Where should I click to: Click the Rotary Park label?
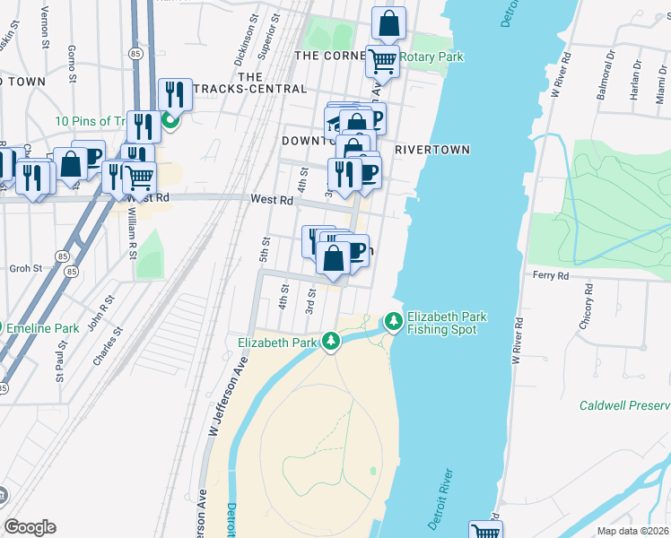[x=431, y=56]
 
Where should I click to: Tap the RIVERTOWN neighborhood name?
[x=431, y=150]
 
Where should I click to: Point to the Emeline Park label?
[x=43, y=328]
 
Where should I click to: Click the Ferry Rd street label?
[x=551, y=275]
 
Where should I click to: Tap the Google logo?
[x=30, y=527]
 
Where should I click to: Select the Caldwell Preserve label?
[x=624, y=405]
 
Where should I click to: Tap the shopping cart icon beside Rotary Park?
[x=382, y=61]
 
